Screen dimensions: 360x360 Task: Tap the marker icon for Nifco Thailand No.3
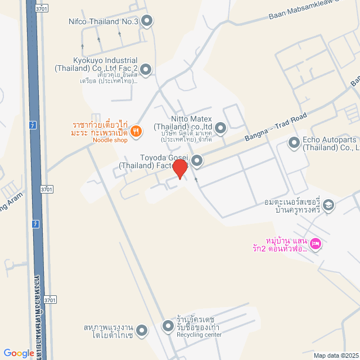pyautogui.click(x=147, y=22)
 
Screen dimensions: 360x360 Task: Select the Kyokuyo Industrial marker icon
pyautogui.click(x=146, y=70)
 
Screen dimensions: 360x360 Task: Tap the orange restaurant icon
pyautogui.click(x=136, y=132)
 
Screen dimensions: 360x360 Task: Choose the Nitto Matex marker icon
pyautogui.click(x=220, y=129)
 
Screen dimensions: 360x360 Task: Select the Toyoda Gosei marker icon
pyautogui.click(x=197, y=161)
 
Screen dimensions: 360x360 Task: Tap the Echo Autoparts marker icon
pyautogui.click(x=294, y=143)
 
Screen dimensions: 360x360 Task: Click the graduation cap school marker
pyautogui.click(x=330, y=205)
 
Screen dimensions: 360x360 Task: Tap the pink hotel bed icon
pyautogui.click(x=316, y=243)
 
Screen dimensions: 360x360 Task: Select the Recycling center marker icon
pyautogui.click(x=168, y=326)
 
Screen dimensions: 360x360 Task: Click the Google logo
pyautogui.click(x=18, y=353)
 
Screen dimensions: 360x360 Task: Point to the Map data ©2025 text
pyautogui.click(x=336, y=355)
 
